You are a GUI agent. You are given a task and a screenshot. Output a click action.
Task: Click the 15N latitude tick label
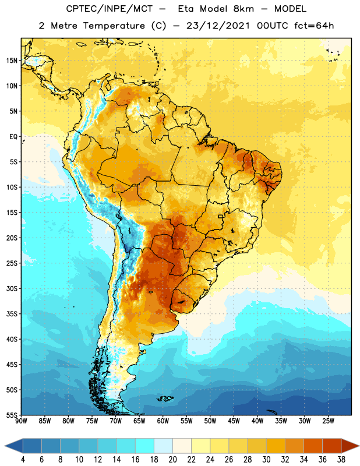click(12, 61)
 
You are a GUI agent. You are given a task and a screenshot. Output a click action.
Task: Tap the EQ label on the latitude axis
click(13, 137)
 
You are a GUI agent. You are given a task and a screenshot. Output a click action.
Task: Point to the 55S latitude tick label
click(12, 415)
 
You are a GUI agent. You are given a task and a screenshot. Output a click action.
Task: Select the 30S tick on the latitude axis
click(12, 288)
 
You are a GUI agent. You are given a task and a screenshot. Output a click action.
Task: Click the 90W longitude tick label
click(21, 421)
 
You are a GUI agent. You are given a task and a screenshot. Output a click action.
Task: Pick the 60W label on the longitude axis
click(163, 421)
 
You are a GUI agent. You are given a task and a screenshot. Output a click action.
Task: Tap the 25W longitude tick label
click(328, 421)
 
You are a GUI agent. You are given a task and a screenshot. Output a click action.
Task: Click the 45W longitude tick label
click(234, 421)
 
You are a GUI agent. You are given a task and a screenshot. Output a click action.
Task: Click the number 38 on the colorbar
click(341, 460)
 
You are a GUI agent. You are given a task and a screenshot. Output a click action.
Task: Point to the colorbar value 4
click(23, 460)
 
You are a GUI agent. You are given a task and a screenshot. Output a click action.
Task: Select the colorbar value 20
click(172, 460)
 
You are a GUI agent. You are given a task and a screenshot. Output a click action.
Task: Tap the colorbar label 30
click(266, 460)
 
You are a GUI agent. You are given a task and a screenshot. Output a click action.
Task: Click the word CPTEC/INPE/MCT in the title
click(109, 9)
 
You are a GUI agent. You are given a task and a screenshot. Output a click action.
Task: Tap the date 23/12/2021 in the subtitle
click(218, 26)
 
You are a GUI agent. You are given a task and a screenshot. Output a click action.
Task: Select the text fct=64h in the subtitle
click(314, 26)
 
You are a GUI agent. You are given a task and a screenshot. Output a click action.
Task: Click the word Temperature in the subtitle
click(114, 26)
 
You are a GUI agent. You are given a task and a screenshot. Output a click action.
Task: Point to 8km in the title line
click(243, 9)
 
